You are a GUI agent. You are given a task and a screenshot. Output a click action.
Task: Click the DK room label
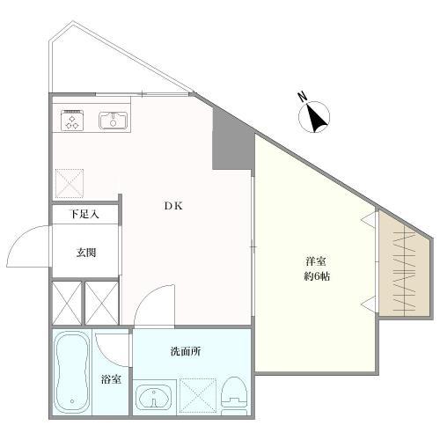(x=173, y=206)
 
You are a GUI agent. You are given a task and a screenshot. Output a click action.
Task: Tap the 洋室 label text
(x=316, y=261)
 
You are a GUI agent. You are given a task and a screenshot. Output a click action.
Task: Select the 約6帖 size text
(x=317, y=276)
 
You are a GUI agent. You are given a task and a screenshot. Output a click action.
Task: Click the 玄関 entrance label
(x=86, y=253)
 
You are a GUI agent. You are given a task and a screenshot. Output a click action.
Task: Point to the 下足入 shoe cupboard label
(x=84, y=214)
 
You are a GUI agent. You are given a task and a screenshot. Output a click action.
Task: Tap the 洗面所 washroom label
(x=186, y=351)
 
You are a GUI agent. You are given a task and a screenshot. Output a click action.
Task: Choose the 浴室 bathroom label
(x=111, y=379)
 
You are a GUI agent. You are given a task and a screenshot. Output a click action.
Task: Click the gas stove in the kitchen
(x=72, y=121)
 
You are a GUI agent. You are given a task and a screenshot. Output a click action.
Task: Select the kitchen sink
(x=113, y=121)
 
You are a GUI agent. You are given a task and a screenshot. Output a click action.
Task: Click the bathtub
(x=72, y=373)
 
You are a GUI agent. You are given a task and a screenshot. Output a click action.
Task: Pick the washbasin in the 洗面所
(x=154, y=397)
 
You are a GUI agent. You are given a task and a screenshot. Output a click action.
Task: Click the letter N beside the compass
(x=302, y=97)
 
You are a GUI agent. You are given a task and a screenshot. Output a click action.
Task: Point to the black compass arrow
(x=316, y=118)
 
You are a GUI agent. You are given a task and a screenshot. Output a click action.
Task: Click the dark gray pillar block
(x=233, y=139)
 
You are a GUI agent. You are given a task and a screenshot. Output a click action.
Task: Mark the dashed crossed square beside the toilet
(x=198, y=396)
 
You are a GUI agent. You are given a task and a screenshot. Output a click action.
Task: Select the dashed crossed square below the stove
(x=70, y=183)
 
